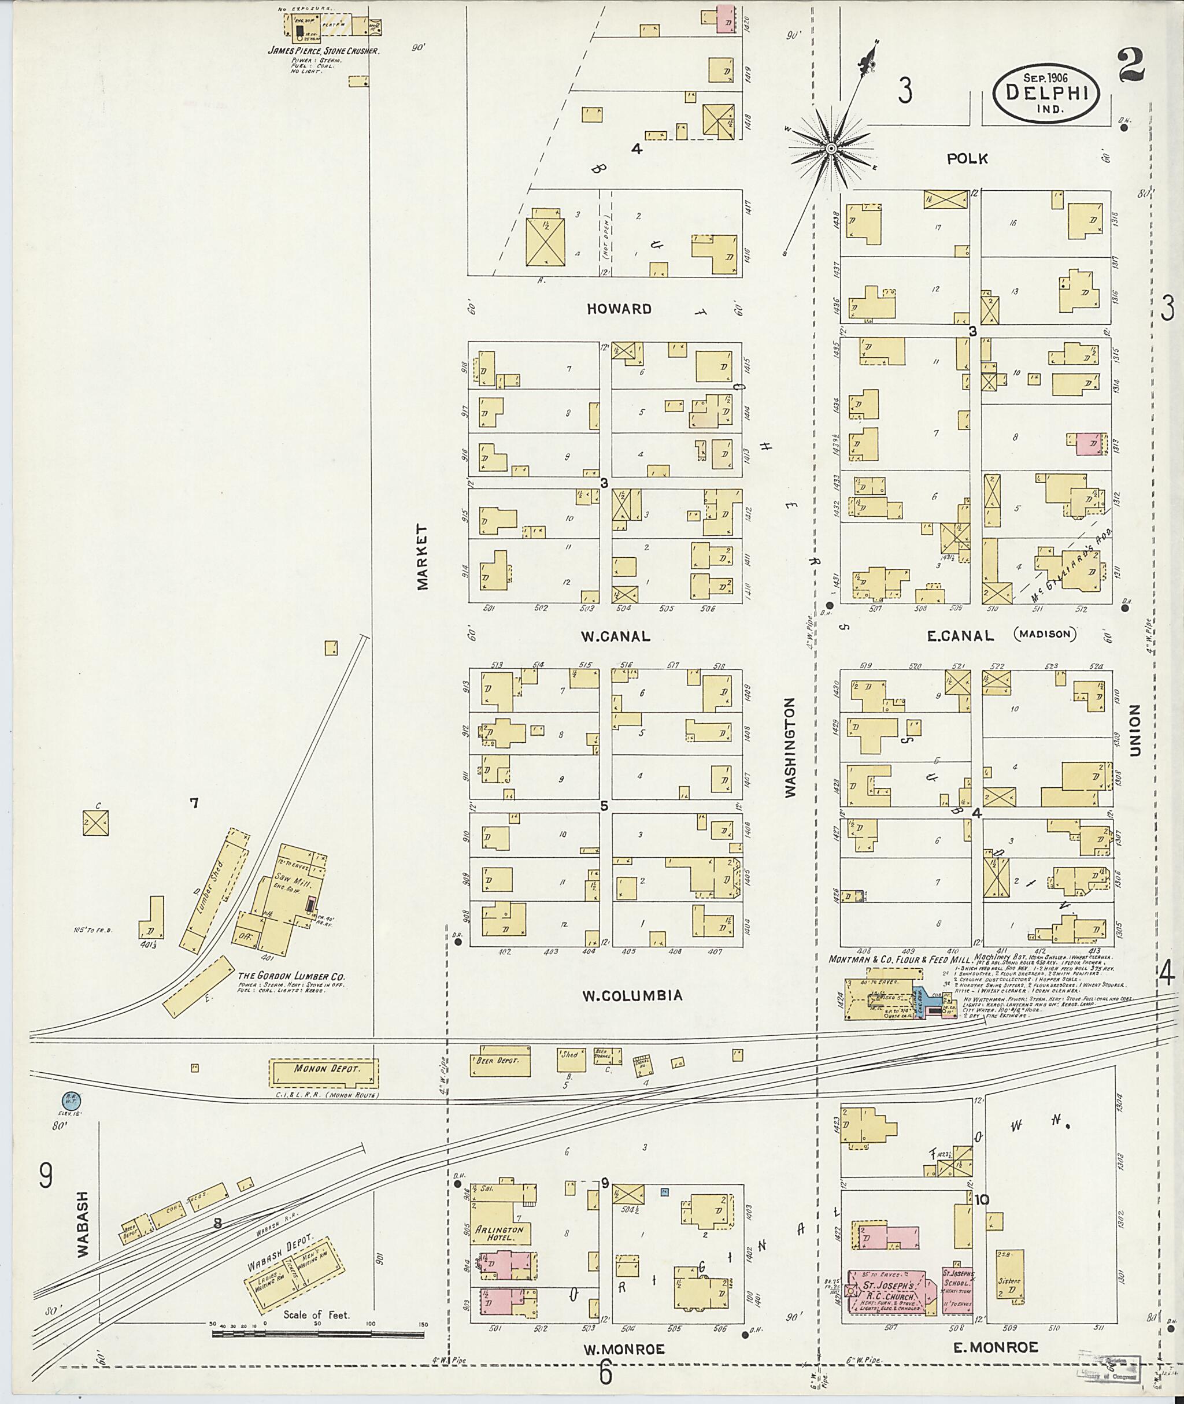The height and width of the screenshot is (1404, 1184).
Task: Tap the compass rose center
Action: point(831,147)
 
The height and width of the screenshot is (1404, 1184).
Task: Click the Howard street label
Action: point(619,309)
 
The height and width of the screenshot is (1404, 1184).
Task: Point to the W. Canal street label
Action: point(616,636)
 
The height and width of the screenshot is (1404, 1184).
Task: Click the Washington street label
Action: point(790,747)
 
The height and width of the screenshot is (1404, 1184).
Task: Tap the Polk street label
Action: point(967,158)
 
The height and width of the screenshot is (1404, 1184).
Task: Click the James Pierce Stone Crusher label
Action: point(324,50)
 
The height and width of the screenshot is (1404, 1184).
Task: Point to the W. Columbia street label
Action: point(632,995)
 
